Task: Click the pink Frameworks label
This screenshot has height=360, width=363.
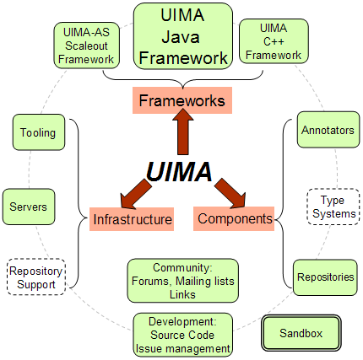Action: (x=181, y=101)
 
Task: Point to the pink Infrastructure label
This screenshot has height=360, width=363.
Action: (x=133, y=221)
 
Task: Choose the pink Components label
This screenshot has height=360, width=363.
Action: (x=235, y=220)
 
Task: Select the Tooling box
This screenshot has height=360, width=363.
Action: (x=38, y=133)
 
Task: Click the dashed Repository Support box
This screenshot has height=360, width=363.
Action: (x=35, y=277)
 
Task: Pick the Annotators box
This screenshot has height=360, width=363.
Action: (x=328, y=131)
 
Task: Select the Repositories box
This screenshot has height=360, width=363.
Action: (x=325, y=276)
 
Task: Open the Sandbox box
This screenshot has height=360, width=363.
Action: (x=301, y=334)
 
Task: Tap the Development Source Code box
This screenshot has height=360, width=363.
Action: (x=181, y=336)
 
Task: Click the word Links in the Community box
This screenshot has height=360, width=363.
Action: (x=181, y=294)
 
